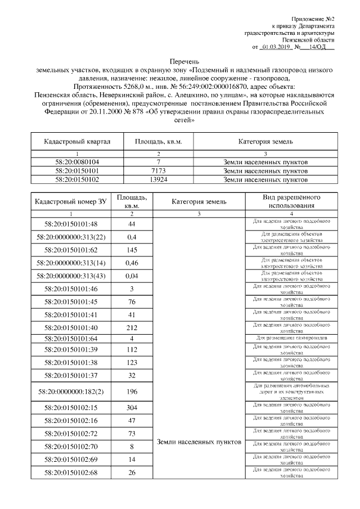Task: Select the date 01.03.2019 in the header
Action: click(275, 47)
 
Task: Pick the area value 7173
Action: click(158, 170)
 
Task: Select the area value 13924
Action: click(158, 179)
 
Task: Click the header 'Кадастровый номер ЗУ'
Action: click(70, 201)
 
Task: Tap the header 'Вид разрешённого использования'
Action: click(291, 201)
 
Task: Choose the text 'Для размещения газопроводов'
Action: click(291, 337)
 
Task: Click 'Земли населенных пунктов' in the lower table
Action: click(199, 442)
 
